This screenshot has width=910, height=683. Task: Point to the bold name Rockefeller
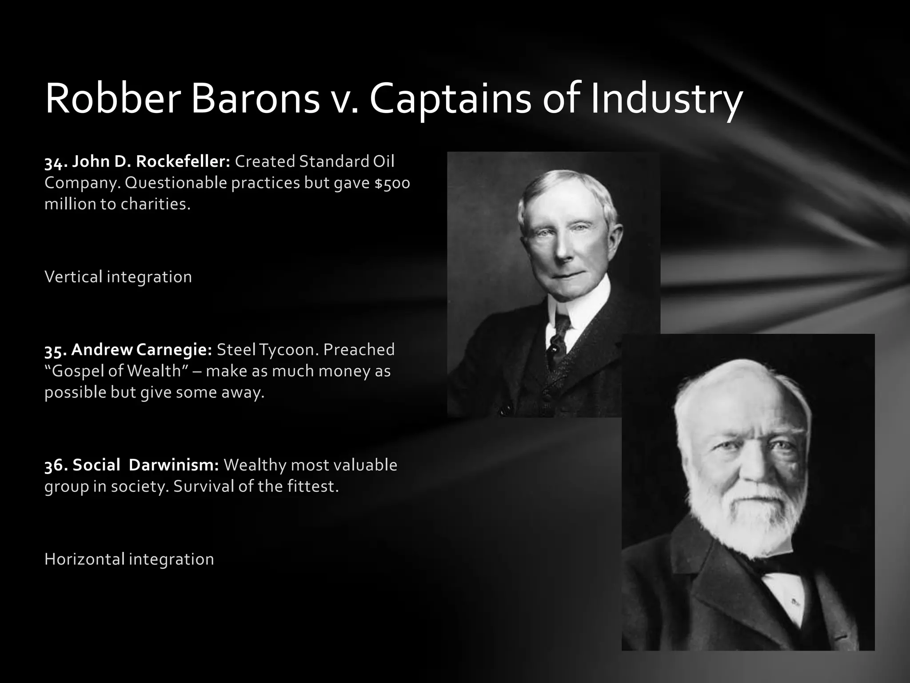click(182, 161)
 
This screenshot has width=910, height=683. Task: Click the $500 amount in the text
click(392, 183)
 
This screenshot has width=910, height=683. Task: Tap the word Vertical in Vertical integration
click(73, 277)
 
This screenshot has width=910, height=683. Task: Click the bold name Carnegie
click(174, 350)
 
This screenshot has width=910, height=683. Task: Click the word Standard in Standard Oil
click(334, 161)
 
